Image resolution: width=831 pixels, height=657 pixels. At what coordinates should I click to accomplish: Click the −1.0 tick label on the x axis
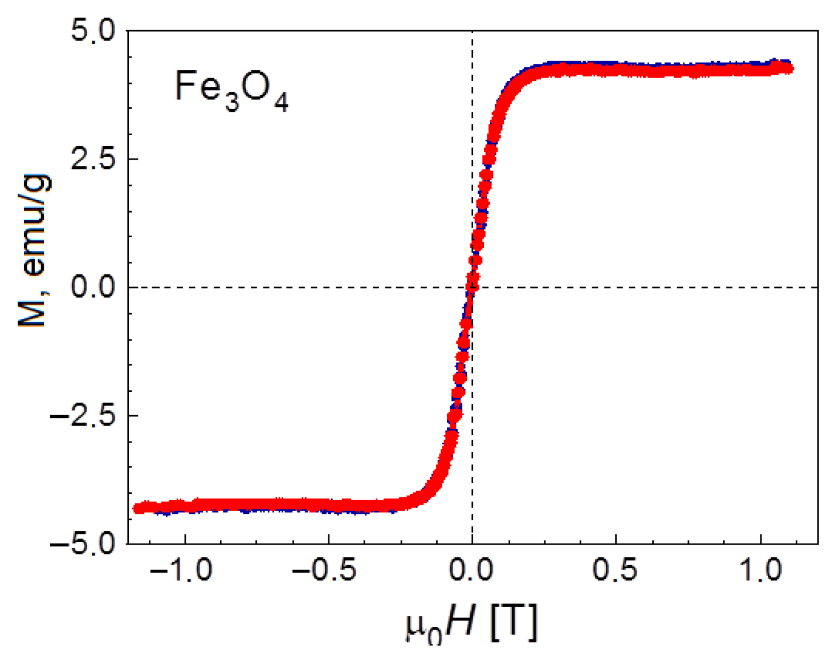pos(181,570)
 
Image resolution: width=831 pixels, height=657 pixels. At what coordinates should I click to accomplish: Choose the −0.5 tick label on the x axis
pos(325,570)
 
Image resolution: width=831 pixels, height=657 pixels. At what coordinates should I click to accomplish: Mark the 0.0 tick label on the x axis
pos(472,570)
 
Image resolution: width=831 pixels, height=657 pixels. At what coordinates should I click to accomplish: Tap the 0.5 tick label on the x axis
pos(616,570)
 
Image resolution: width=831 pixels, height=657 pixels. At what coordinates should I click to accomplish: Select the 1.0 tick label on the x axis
pos(761,570)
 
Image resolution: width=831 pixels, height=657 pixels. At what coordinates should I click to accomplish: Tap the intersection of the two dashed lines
pos(472,287)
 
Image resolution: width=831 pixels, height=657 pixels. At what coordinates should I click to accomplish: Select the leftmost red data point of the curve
pos(137,508)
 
